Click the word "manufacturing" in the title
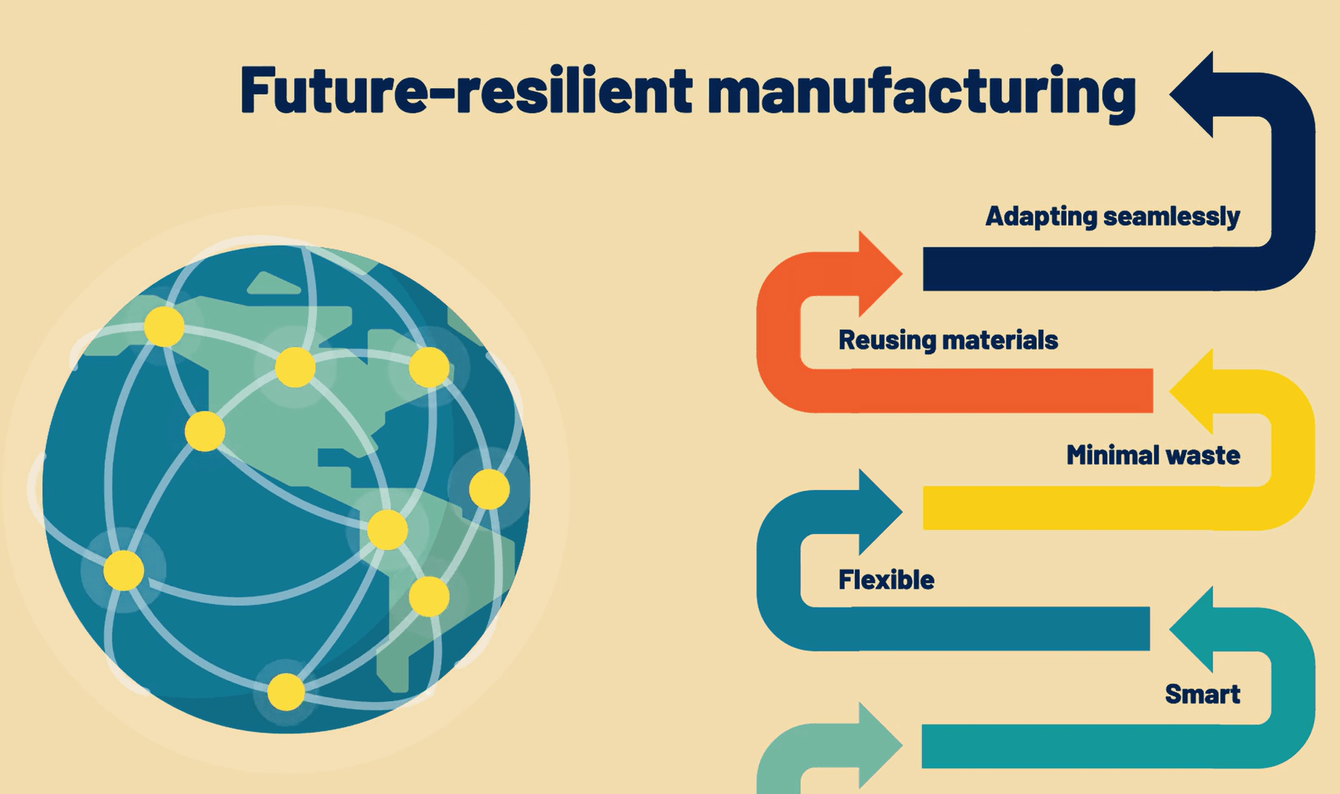[922, 92]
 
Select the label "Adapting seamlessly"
[1112, 216]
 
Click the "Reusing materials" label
[948, 340]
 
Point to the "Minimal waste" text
[1153, 455]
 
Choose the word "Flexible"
[886, 580]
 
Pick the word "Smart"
[1203, 694]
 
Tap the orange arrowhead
[880, 274]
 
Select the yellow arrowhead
[1192, 391]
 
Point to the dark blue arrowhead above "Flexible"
[880, 512]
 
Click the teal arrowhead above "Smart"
[1192, 629]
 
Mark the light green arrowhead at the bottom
[880, 746]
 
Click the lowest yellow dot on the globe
[286, 691]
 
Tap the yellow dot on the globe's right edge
[489, 489]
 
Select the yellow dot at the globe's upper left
[164, 326]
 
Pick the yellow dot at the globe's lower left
[124, 571]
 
